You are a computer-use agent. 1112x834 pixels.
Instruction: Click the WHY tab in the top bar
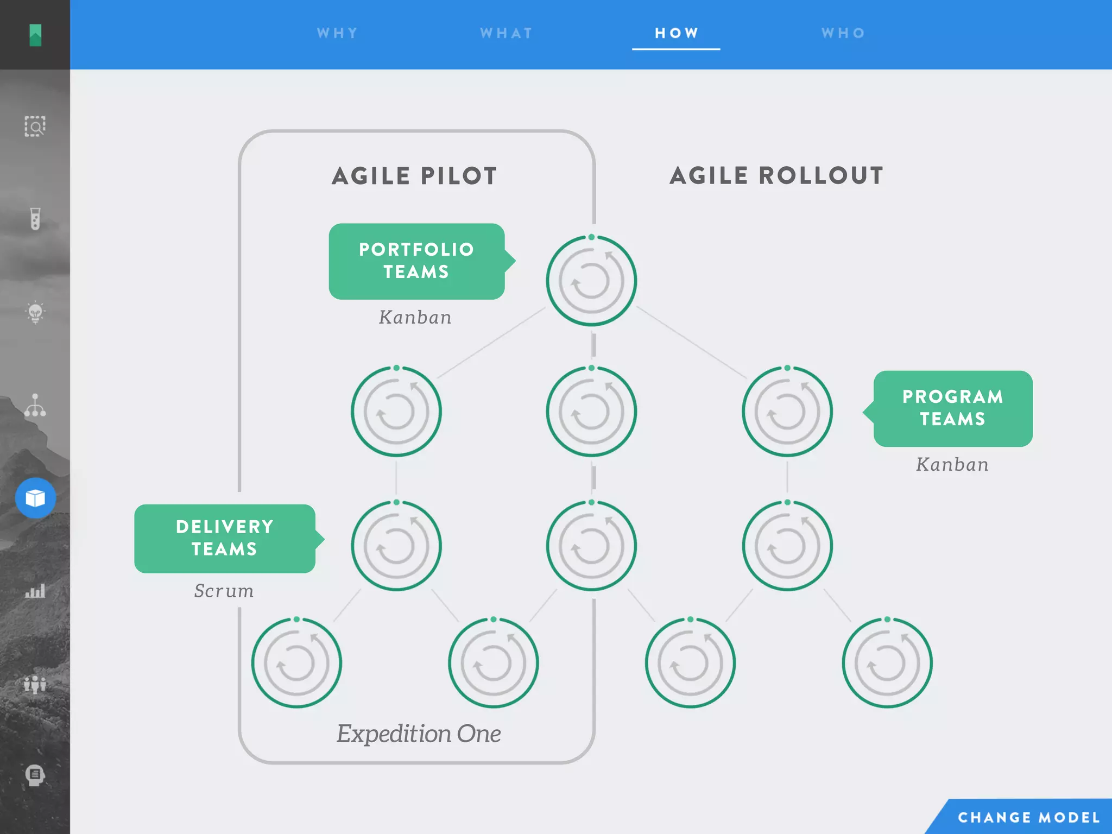pyautogui.click(x=337, y=33)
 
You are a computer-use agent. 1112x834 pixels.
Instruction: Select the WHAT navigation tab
pyautogui.click(x=506, y=33)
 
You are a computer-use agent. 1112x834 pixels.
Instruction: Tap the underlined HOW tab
pyautogui.click(x=676, y=33)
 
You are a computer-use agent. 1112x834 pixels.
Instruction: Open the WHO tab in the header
pyautogui.click(x=843, y=33)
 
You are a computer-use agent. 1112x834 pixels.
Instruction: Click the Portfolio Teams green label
pyautogui.click(x=416, y=261)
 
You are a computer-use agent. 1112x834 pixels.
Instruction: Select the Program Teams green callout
pyautogui.click(x=952, y=408)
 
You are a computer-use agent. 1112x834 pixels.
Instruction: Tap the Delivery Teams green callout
pyautogui.click(x=225, y=538)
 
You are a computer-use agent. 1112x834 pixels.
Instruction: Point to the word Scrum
pyautogui.click(x=224, y=591)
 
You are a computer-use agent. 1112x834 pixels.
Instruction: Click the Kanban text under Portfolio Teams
pyautogui.click(x=415, y=318)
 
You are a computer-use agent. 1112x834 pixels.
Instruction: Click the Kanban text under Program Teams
pyautogui.click(x=952, y=465)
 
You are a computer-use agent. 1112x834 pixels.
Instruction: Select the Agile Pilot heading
pyautogui.click(x=414, y=176)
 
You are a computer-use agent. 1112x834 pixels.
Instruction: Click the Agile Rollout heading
pyautogui.click(x=776, y=176)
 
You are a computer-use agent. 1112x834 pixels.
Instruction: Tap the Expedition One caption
pyautogui.click(x=419, y=734)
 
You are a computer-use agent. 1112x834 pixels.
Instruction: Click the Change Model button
pyautogui.click(x=1028, y=817)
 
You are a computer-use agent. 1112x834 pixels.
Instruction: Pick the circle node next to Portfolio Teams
pyautogui.click(x=591, y=281)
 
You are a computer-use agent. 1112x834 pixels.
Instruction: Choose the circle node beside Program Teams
pyautogui.click(x=787, y=412)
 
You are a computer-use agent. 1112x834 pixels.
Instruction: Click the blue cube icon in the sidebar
pyautogui.click(x=35, y=498)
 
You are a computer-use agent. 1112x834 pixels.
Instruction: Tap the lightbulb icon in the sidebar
pyautogui.click(x=35, y=312)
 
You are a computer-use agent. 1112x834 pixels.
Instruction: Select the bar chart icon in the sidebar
pyautogui.click(x=35, y=591)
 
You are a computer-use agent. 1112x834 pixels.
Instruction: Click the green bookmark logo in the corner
pyautogui.click(x=35, y=35)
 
